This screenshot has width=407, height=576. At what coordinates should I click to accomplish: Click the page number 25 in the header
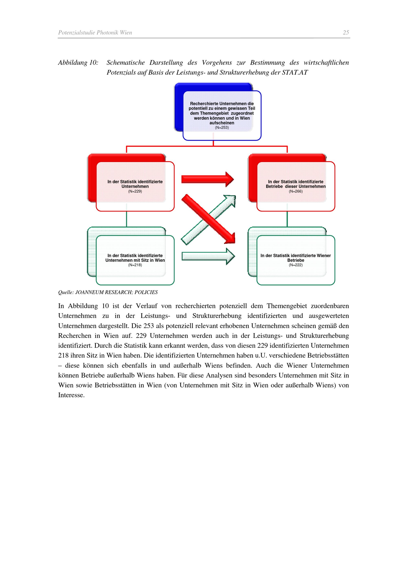point(346,32)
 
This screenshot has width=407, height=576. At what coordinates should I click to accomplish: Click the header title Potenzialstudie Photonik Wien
point(95,32)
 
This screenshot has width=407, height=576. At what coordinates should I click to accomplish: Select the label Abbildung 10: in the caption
point(78,62)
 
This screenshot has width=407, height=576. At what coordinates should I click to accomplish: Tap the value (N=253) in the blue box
point(222,127)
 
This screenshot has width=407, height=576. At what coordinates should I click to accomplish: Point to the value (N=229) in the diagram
point(135,191)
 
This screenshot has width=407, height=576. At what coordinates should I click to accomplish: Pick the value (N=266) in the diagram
point(296,191)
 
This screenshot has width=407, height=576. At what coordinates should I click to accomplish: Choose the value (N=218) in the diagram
point(135,265)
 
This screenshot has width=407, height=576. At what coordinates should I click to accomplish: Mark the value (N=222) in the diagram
point(296,265)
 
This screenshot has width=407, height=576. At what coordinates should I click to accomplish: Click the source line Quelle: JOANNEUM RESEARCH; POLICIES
point(108,292)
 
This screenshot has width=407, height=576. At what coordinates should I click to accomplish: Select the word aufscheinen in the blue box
point(222,123)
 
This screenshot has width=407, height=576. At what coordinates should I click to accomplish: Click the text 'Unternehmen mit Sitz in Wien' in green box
point(135,260)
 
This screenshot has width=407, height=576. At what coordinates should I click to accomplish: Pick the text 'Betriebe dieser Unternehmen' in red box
point(296,186)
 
